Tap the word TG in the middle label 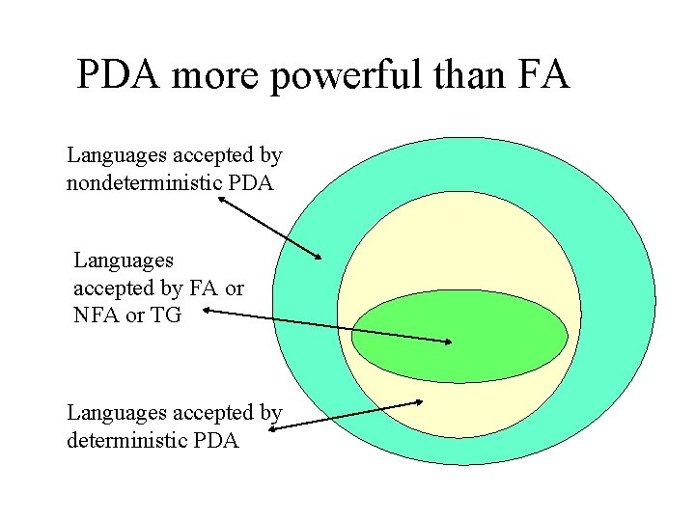tap(165, 315)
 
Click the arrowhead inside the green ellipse tap(448, 342)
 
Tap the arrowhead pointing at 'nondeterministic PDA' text tap(222, 200)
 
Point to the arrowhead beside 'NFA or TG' tap(208, 312)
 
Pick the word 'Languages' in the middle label tap(124, 260)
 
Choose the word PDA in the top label tap(253, 182)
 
